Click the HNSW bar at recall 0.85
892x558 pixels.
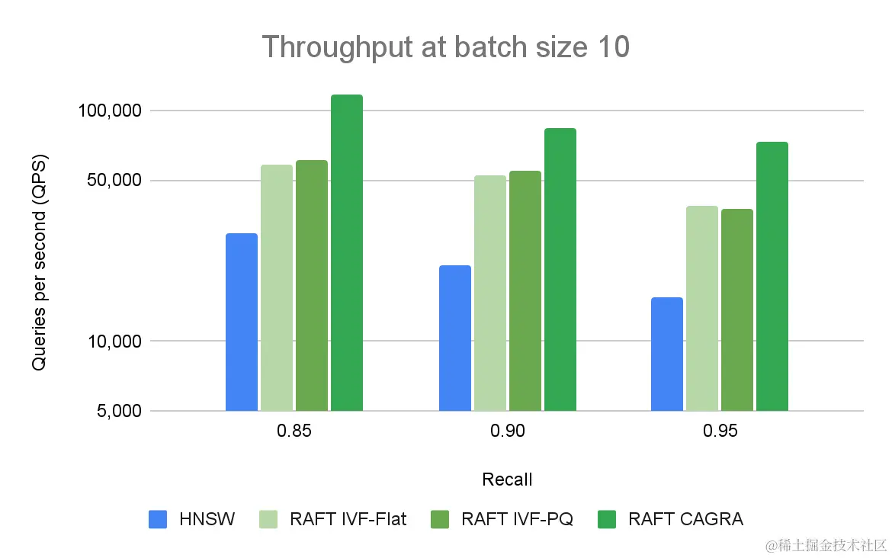[242, 322]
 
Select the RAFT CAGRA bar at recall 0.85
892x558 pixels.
[347, 252]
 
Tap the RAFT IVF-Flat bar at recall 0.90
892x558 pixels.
[490, 293]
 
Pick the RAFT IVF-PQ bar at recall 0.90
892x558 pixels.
[525, 290]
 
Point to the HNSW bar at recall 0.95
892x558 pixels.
[667, 354]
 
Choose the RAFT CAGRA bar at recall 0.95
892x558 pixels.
[772, 276]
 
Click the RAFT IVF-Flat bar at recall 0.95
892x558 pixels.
[702, 308]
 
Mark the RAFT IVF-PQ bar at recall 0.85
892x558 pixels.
[312, 285]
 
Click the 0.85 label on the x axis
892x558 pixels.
[294, 432]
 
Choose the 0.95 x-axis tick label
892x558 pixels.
[720, 432]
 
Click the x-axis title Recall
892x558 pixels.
[507, 479]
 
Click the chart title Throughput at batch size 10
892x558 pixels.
[446, 47]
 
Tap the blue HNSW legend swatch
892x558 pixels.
[158, 520]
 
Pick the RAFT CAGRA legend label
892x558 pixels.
[685, 520]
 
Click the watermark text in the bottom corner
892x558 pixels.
[826, 544]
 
